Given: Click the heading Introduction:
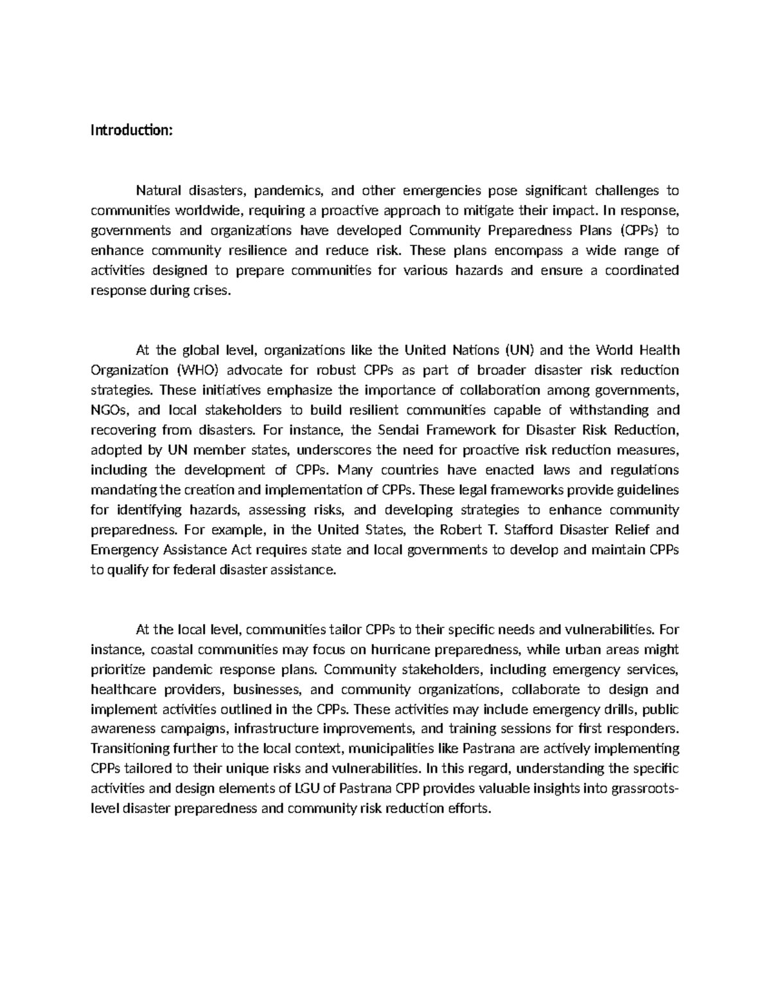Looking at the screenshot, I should [132, 130].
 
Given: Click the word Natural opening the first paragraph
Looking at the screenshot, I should [157, 190].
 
